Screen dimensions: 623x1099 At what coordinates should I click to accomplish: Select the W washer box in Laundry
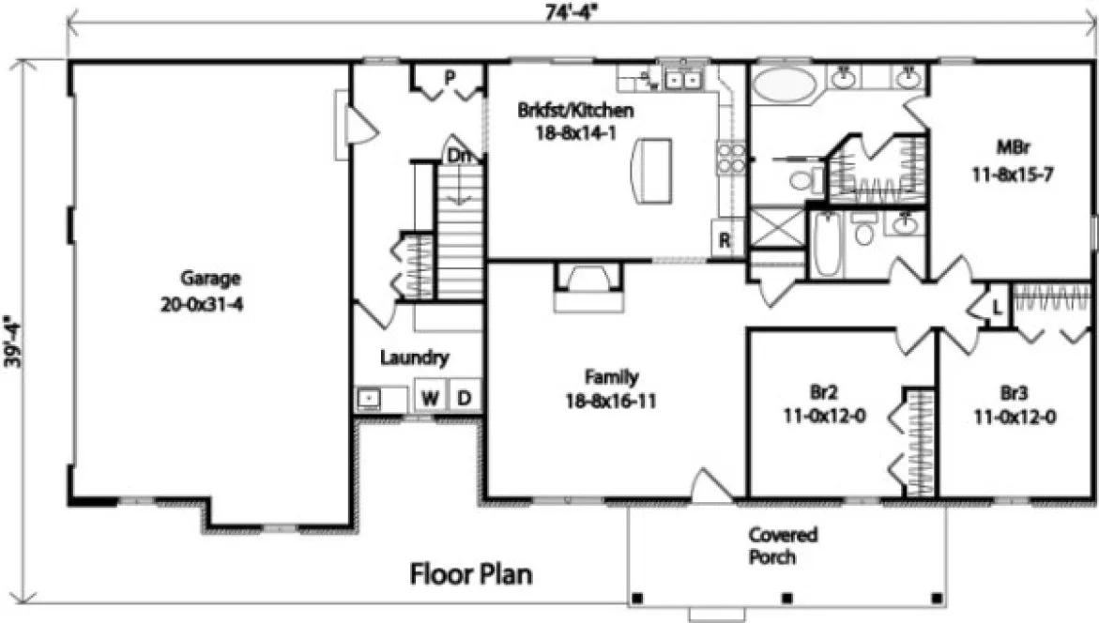point(430,398)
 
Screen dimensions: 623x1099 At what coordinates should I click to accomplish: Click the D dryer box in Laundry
point(464,398)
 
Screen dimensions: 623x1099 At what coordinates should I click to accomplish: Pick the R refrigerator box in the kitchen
point(725,240)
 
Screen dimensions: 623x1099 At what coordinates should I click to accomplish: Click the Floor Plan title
point(472,573)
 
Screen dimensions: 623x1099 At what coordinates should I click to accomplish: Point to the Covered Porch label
point(783,546)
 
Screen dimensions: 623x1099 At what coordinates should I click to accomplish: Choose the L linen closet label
point(996,307)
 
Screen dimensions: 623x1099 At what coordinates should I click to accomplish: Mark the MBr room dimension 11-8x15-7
point(1015,174)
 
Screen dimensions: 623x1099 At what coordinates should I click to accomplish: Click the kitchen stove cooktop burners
point(731,158)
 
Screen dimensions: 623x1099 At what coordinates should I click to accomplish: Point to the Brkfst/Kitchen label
point(575,110)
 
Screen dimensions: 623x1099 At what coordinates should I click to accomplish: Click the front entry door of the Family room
point(706,485)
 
